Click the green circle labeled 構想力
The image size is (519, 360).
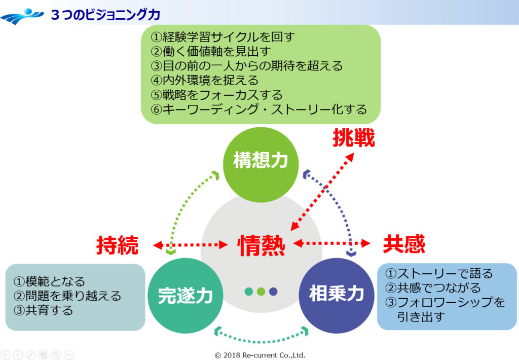pyautogui.click(x=261, y=161)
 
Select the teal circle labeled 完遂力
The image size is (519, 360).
pyautogui.click(x=185, y=296)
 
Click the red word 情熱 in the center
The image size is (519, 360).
pyautogui.click(x=262, y=245)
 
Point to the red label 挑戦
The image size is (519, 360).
pyautogui.click(x=353, y=138)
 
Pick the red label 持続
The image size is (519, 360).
pyautogui.click(x=117, y=245)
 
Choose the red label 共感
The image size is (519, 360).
pyautogui.click(x=404, y=244)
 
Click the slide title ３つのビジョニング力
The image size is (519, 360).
pyautogui.click(x=105, y=15)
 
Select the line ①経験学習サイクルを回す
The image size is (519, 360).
pyautogui.click(x=223, y=37)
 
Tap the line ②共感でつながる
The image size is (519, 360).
pyautogui.click(x=433, y=288)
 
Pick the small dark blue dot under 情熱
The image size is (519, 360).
pyautogui.click(x=274, y=291)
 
